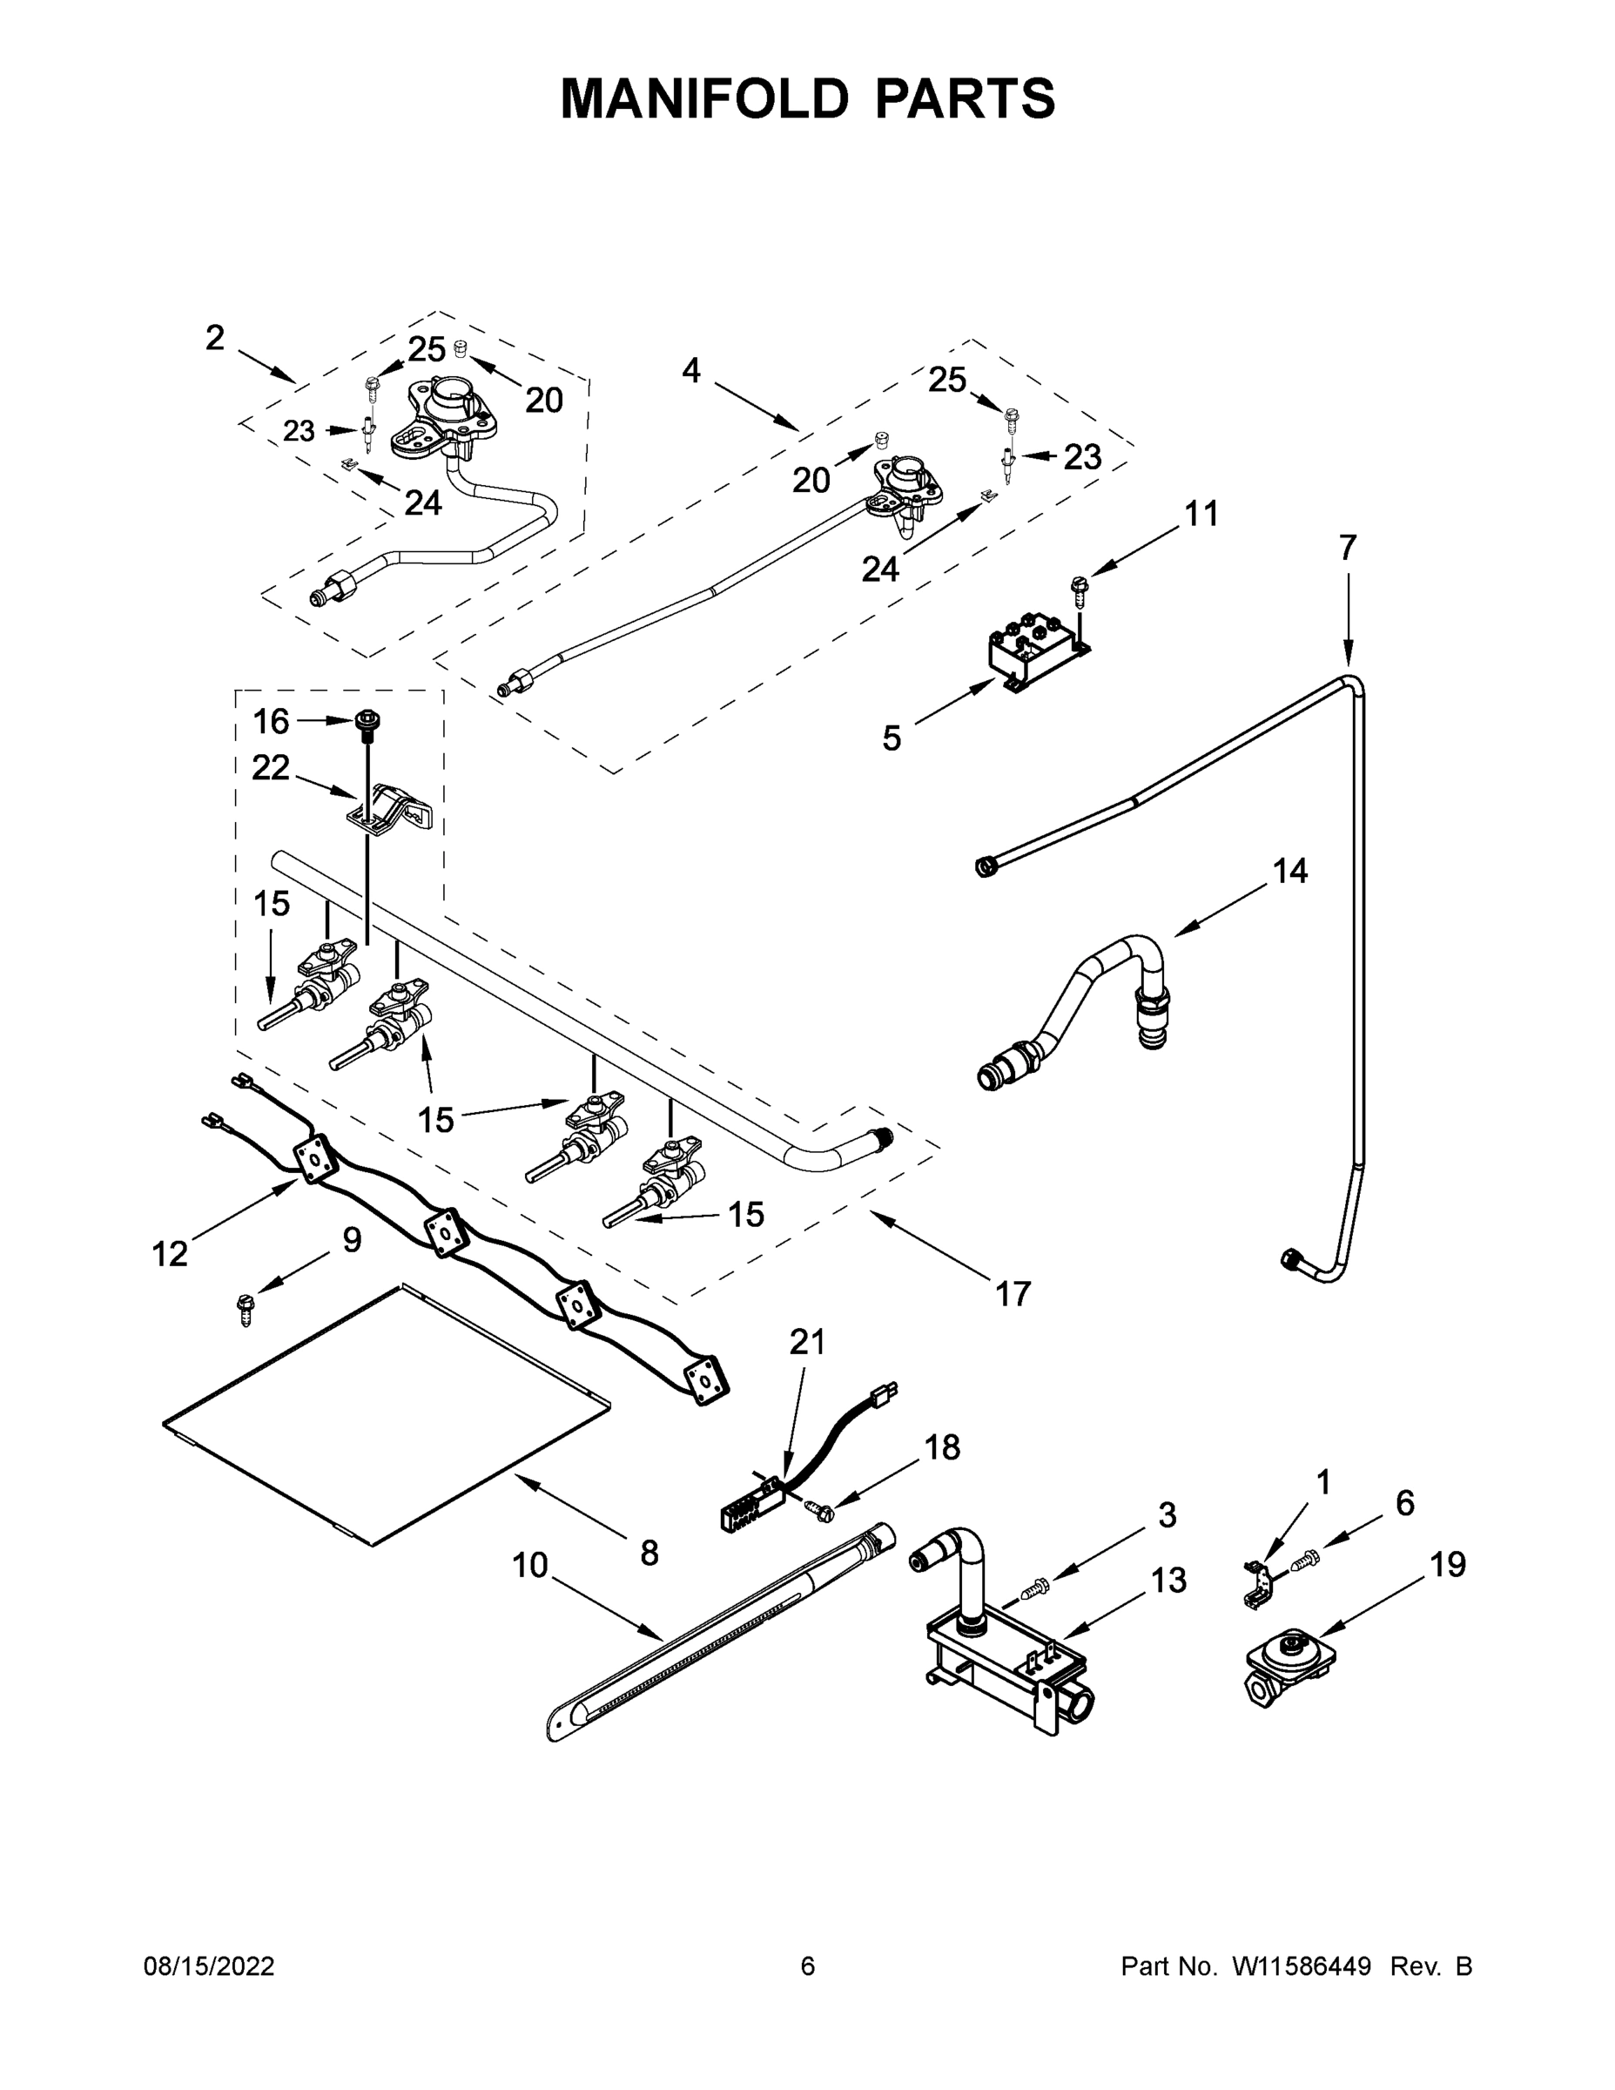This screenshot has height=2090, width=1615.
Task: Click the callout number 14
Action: tap(1289, 871)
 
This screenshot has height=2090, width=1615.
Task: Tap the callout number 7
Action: tap(1347, 549)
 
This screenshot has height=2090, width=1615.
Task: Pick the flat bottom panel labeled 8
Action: tap(383, 1416)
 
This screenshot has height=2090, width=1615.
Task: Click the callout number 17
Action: tap(1013, 1294)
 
